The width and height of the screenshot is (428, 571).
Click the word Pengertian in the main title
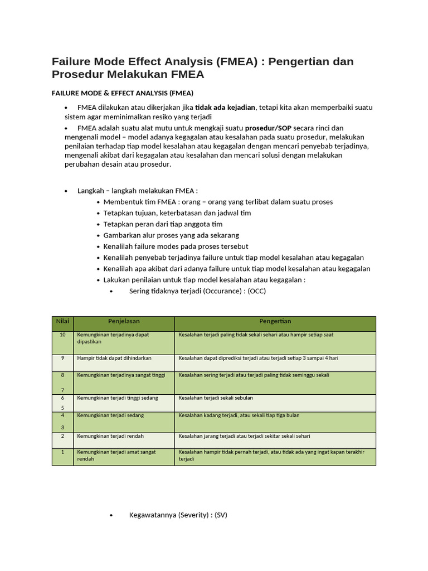(299, 61)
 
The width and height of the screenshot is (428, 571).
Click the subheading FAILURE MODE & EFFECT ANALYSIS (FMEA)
(123, 93)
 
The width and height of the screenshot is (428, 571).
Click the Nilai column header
(62, 322)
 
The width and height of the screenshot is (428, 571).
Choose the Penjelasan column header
(124, 322)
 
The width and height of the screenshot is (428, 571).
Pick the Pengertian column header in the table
(275, 322)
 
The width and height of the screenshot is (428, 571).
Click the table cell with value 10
(62, 335)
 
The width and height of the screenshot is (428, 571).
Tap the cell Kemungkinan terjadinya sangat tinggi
(121, 375)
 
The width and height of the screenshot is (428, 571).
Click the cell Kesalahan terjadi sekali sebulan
(216, 398)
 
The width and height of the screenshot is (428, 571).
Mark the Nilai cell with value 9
(62, 358)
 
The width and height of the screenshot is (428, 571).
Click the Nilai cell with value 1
(62, 452)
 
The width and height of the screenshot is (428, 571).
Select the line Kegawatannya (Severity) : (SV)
(178, 515)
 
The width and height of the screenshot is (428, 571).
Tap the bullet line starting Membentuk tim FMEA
(218, 202)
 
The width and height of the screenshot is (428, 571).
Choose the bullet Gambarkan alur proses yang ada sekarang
(171, 235)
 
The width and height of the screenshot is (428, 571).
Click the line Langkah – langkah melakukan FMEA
(138, 191)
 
